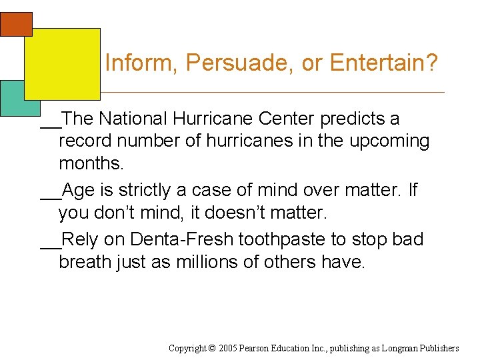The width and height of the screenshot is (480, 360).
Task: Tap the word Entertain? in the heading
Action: (x=383, y=63)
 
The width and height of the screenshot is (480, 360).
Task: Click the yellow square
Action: (x=62, y=64)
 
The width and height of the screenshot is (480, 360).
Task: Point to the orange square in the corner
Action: (x=16, y=24)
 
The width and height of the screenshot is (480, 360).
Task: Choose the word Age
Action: (x=78, y=191)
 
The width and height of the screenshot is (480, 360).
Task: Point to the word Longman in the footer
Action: (x=401, y=348)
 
